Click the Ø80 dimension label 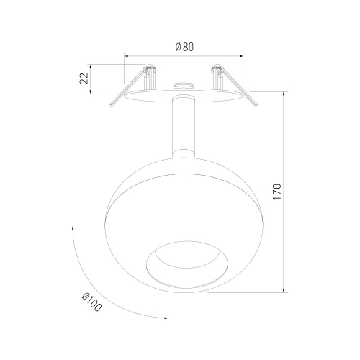[x=184, y=47]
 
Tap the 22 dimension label [x=84, y=78]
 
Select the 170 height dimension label [x=276, y=192]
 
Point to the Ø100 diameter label [x=91, y=302]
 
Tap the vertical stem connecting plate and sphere [x=184, y=127]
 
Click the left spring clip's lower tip [x=111, y=105]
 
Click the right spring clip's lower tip [x=256, y=104]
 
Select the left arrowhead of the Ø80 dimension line [x=126, y=56]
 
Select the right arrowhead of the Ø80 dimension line [x=241, y=56]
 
